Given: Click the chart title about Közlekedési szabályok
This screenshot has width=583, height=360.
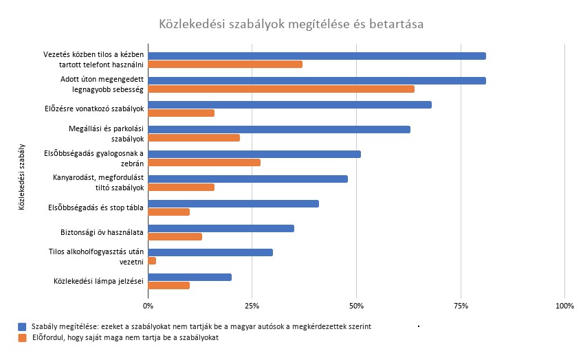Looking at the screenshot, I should pyautogui.click(x=291, y=25).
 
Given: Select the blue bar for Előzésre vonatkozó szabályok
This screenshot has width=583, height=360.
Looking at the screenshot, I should pyautogui.click(x=289, y=104).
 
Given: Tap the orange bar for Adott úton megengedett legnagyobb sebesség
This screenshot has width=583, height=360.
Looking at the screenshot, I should pyautogui.click(x=281, y=89).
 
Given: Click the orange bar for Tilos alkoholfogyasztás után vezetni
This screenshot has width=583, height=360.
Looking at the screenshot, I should pyautogui.click(x=153, y=261).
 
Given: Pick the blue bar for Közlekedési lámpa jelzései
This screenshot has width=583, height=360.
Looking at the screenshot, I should pyautogui.click(x=190, y=277).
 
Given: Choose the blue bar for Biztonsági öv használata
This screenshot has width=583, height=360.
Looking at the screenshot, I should pyautogui.click(x=221, y=228).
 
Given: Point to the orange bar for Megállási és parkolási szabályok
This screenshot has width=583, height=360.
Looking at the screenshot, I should pyautogui.click(x=194, y=137).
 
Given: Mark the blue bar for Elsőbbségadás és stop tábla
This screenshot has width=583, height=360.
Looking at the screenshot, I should pyautogui.click(x=233, y=203).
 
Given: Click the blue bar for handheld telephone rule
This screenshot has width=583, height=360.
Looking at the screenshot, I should pyautogui.click(x=317, y=56).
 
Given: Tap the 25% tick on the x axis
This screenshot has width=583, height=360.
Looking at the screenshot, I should pyautogui.click(x=252, y=304).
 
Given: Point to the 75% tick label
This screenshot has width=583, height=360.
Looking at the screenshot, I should pyautogui.click(x=461, y=304).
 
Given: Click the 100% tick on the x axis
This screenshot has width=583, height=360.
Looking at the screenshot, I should pyautogui.click(x=564, y=304).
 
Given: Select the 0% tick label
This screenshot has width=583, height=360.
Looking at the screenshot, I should pyautogui.click(x=148, y=304).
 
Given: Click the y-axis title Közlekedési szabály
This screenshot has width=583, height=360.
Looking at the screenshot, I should pyautogui.click(x=23, y=176).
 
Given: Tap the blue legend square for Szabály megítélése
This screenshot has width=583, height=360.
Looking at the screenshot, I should pyautogui.click(x=23, y=326).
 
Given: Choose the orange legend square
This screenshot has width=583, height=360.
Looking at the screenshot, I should pyautogui.click(x=23, y=337).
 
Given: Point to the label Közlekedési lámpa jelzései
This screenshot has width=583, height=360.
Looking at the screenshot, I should pyautogui.click(x=98, y=281).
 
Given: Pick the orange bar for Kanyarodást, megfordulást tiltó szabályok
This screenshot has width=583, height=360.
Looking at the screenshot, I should pyautogui.click(x=181, y=187).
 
